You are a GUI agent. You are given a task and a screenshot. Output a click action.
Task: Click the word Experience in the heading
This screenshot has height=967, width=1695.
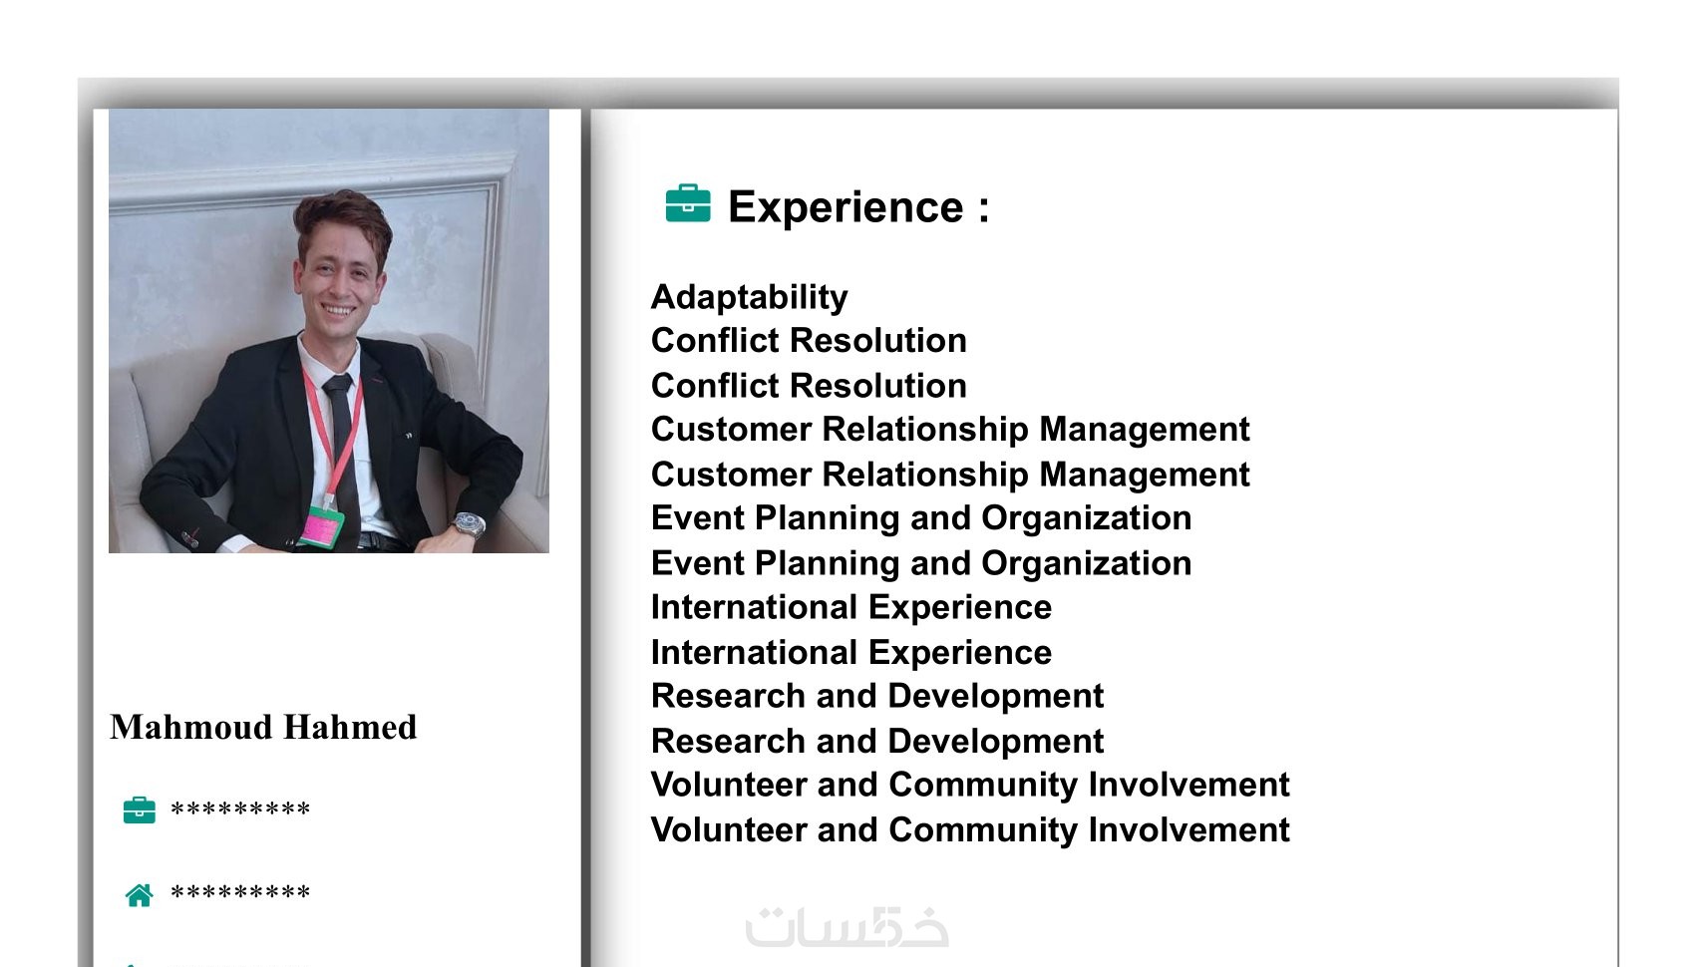click(846, 206)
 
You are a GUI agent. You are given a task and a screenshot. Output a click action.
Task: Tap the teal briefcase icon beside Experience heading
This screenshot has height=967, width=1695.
click(688, 202)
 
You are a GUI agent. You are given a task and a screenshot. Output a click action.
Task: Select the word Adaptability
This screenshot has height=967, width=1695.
click(749, 297)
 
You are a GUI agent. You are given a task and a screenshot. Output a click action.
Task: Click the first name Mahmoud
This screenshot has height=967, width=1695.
click(190, 727)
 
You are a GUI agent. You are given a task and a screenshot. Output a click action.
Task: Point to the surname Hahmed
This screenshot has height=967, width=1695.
click(350, 727)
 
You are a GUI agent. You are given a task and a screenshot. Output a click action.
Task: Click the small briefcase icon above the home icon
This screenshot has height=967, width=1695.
click(140, 809)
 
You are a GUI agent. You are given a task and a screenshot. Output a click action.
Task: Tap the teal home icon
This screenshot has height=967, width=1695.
click(140, 894)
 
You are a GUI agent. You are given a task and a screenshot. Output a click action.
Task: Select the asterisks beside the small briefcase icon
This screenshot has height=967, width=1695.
click(240, 808)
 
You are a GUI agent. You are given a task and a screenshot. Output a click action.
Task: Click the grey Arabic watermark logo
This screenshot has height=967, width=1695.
click(847, 926)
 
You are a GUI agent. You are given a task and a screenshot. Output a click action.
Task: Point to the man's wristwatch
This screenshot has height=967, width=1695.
click(469, 524)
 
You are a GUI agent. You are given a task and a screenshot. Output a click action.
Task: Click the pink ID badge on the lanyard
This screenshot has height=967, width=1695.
click(322, 527)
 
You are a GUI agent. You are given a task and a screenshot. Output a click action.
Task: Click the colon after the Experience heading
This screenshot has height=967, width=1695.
click(983, 209)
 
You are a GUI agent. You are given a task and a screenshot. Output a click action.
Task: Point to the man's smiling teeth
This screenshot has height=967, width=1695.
click(338, 310)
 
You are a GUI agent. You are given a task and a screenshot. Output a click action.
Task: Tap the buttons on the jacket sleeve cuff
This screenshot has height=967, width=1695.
click(189, 538)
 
